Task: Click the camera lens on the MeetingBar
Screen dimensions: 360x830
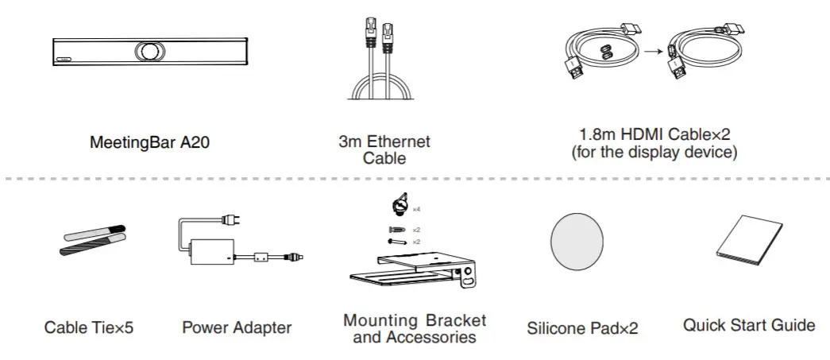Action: (147, 50)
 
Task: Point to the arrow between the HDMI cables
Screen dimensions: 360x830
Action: (651, 53)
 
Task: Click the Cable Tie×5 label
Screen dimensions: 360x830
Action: (89, 327)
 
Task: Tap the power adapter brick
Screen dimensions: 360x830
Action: (211, 251)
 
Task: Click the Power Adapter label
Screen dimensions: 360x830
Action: (237, 327)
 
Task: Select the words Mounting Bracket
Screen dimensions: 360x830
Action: (415, 321)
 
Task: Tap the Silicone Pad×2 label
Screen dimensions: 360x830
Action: (582, 327)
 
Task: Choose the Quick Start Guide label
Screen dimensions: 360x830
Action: (749, 325)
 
